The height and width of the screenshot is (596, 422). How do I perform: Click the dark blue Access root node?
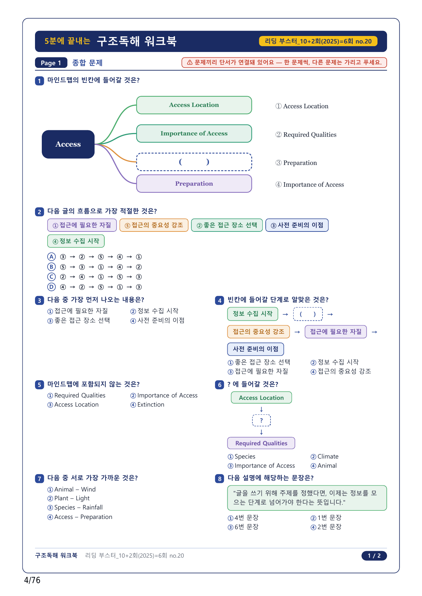[68, 144]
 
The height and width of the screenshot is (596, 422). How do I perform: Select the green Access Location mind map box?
[194, 105]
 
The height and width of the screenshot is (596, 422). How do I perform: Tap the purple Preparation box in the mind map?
[194, 184]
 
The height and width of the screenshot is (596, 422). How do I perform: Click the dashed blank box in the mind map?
[194, 162]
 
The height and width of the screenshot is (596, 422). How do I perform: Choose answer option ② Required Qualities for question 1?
[306, 135]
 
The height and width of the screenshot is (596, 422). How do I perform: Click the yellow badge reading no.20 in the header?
[318, 41]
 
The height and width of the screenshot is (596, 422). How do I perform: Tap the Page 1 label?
[51, 63]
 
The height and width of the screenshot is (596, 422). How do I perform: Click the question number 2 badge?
[39, 212]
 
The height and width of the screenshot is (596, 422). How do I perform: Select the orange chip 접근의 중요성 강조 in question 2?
[154, 225]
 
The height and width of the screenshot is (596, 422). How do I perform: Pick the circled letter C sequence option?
[51, 277]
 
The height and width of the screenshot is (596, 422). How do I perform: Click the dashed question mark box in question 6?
[261, 420]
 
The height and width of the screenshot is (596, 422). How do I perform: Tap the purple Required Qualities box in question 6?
[261, 443]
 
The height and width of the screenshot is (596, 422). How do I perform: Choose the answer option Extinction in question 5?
[147, 405]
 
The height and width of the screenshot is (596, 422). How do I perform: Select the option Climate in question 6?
[324, 457]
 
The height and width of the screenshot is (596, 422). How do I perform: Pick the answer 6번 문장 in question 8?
[243, 527]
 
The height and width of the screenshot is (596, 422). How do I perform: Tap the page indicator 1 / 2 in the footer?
[374, 556]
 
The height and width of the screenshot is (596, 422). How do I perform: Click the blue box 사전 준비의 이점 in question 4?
[256, 349]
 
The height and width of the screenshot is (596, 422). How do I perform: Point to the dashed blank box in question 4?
[308, 314]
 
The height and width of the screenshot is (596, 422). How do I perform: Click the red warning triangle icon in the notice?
[190, 62]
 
